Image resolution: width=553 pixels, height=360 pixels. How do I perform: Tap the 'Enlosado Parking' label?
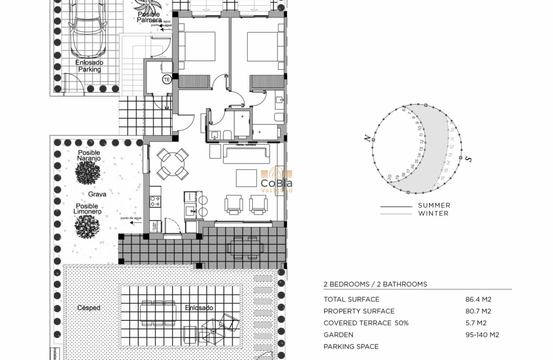coord(89,66)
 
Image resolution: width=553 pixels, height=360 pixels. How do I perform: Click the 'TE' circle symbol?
coord(166,79)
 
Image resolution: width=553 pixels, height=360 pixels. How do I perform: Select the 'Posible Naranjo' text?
coord(89,156)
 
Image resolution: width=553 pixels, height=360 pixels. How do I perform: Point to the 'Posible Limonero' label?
coord(87,209)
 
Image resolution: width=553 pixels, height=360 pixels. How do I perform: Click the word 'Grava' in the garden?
coord(97,194)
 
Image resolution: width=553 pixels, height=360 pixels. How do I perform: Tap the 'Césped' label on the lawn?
coord(89,308)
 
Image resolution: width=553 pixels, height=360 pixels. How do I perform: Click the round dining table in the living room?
coord(173,164)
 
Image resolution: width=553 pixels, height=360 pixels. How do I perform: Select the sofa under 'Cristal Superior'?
coord(246,153)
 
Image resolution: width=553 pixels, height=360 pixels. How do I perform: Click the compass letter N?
coord(367,138)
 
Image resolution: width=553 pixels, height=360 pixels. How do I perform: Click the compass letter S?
coord(469,159)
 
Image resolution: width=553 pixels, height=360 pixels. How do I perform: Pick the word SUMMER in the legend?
coord(434,206)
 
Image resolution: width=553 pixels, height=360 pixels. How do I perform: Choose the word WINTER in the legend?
coord(433,213)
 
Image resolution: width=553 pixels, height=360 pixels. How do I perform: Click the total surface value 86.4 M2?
coord(478,300)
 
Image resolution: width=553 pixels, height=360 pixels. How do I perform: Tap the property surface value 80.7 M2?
coord(478,311)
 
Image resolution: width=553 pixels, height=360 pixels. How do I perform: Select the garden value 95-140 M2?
coord(482,335)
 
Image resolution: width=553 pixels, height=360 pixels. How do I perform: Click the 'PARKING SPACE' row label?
coord(351,347)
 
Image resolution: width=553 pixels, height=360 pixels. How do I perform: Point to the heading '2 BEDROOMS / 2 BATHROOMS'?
coord(375,284)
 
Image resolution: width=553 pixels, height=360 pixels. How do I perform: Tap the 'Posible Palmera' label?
coord(149,17)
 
